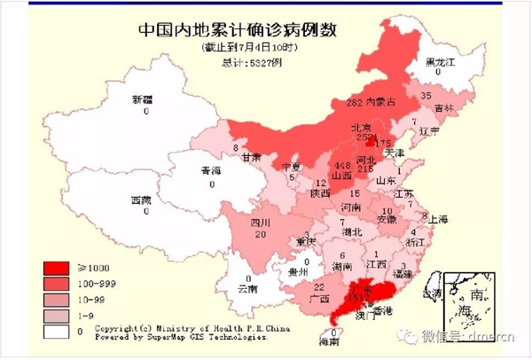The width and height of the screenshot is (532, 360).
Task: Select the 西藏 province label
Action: (x=142, y=200)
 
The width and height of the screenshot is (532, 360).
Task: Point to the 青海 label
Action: (x=210, y=172)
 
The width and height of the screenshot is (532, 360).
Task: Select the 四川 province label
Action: (x=259, y=223)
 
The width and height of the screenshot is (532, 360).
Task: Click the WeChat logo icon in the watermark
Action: (x=409, y=337)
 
